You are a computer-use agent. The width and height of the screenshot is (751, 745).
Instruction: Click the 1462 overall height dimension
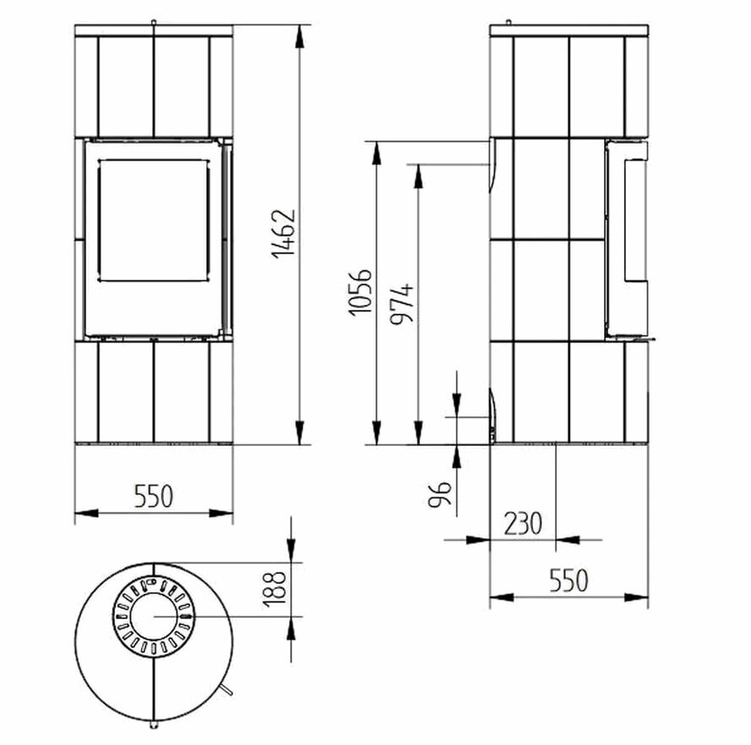285,232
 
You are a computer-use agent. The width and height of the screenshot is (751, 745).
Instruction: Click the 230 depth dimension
523,524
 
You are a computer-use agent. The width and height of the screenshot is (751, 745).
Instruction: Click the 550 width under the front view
154,496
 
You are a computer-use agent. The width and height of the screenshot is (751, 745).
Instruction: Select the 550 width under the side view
569,581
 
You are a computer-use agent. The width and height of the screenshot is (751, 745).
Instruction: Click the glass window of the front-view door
153,220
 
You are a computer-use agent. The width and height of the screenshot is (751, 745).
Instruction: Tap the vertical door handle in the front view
226,237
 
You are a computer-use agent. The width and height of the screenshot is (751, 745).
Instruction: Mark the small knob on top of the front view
154,21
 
